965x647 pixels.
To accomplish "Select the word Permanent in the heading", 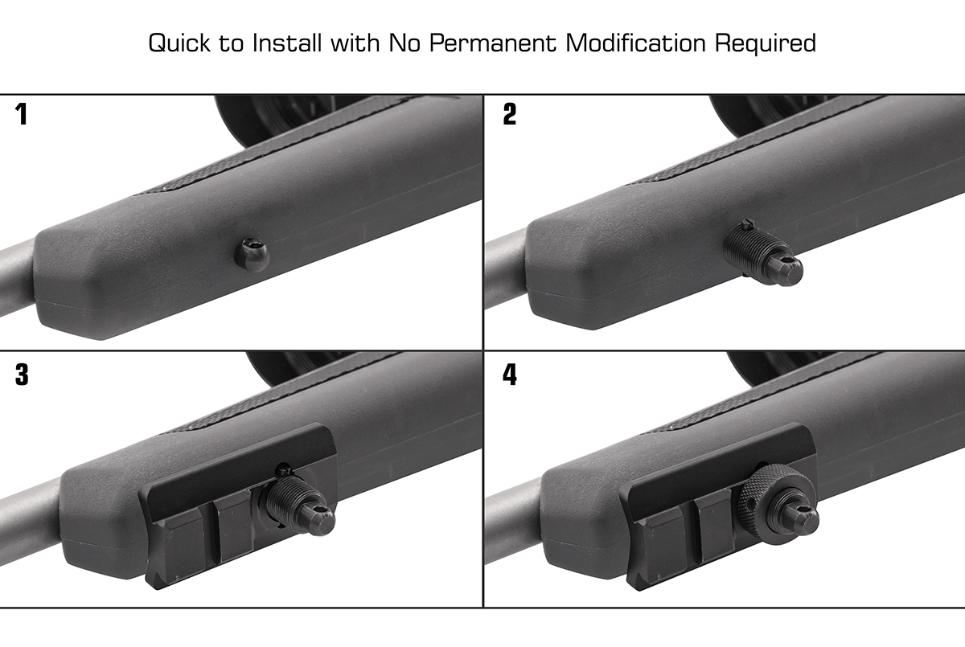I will tap(491, 43).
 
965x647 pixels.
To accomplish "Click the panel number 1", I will tap(22, 115).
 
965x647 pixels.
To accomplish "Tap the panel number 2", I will tap(509, 115).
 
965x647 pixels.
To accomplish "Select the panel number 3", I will tap(22, 375).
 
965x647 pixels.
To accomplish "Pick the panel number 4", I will tap(509, 375).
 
